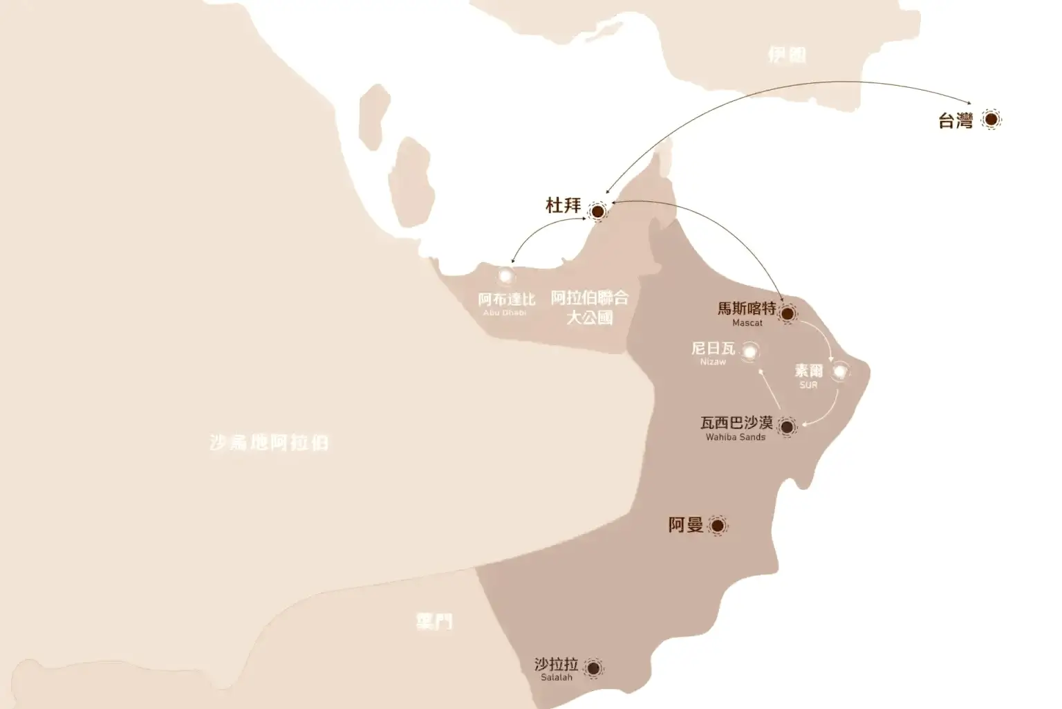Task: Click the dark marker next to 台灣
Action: (991, 120)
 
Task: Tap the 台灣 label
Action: (955, 121)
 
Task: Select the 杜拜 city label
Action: (563, 205)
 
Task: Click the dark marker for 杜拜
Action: (597, 211)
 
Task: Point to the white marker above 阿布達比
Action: (506, 276)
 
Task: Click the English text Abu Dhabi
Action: (505, 313)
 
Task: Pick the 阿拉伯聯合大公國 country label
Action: (590, 307)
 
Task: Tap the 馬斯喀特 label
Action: (747, 309)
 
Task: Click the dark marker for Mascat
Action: (787, 313)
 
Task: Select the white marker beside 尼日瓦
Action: (749, 352)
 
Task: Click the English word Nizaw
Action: (713, 362)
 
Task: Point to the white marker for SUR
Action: (839, 372)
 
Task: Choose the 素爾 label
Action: (808, 371)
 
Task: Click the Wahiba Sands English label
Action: (735, 437)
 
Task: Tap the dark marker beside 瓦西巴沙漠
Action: (786, 427)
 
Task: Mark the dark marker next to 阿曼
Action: (717, 526)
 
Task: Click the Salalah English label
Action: (557, 678)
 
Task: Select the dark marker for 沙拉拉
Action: (593, 667)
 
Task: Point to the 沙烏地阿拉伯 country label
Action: (269, 443)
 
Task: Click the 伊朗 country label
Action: (787, 55)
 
